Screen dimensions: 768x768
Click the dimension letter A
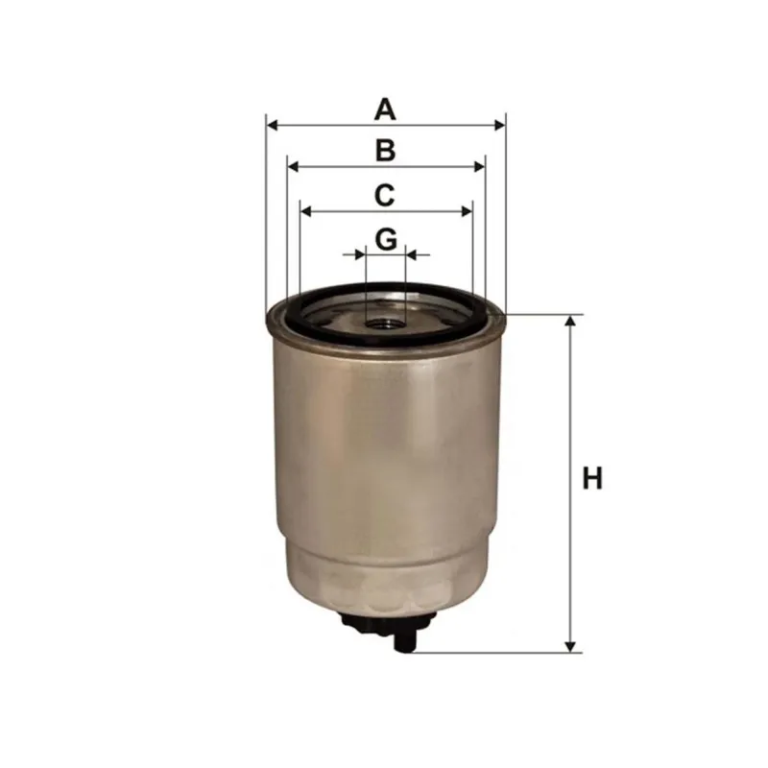click(x=385, y=109)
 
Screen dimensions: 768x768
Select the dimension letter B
click(x=386, y=151)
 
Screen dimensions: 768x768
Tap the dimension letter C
click(x=385, y=195)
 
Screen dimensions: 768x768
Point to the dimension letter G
click(x=386, y=239)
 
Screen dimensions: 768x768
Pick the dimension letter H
click(x=592, y=478)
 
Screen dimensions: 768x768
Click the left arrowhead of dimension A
click(x=273, y=126)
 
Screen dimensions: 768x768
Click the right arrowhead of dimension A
click(x=499, y=126)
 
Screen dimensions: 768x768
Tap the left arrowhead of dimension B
click(x=294, y=167)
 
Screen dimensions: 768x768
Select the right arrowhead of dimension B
click(x=479, y=167)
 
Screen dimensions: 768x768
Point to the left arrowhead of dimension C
click(x=306, y=211)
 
